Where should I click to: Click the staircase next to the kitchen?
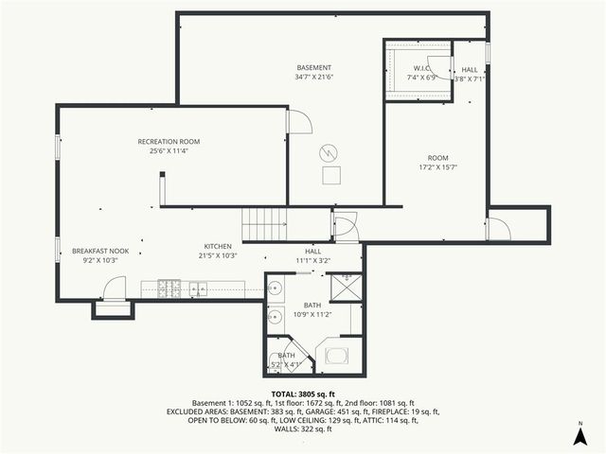265,224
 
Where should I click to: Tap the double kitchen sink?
197,289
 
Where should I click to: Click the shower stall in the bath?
345,287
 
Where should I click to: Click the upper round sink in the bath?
276,288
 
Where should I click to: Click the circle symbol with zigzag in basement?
327,151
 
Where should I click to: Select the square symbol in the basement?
331,175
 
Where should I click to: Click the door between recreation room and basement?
297,121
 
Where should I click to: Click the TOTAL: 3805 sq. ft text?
303,393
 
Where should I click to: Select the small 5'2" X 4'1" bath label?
287,359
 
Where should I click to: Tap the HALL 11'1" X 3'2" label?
313,255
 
